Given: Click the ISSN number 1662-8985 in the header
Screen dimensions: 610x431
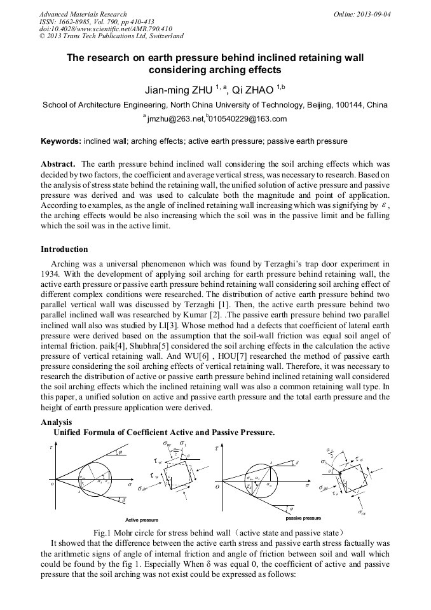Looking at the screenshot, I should coord(76,22).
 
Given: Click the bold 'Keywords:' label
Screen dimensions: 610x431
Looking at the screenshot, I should coord(61,141).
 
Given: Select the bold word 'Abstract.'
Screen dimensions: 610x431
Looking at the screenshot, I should coord(58,163).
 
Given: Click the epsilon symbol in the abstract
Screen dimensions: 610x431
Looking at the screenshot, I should coord(382,206).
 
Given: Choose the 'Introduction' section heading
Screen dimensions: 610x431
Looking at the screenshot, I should coord(64,249).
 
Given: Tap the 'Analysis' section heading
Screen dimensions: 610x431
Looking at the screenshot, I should coord(57,422).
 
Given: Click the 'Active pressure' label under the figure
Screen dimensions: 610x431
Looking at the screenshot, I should coord(142,520).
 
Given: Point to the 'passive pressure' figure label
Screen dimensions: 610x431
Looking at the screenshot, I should coord(303,518).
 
